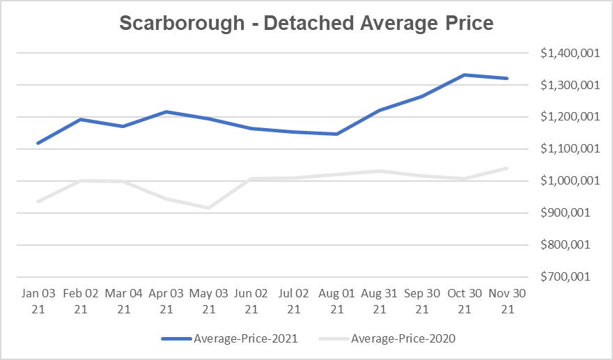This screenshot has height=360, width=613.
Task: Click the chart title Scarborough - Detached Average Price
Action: click(x=306, y=23)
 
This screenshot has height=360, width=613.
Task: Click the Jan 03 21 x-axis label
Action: click(x=38, y=302)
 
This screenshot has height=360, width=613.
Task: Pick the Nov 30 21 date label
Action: click(x=507, y=302)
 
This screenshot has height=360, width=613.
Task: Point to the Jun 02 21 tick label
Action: click(x=251, y=302)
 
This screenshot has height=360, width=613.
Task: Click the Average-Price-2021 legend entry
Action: click(x=230, y=339)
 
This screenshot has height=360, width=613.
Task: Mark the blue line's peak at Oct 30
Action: click(x=465, y=75)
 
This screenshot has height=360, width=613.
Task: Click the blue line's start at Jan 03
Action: click(x=38, y=143)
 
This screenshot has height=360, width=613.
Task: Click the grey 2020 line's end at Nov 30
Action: click(x=507, y=168)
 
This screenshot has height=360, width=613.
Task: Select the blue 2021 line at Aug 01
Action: click(x=336, y=134)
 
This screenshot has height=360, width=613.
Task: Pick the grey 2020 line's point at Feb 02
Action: click(x=81, y=181)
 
